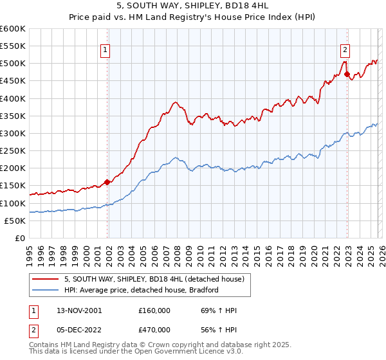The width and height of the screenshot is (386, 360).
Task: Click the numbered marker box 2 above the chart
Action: [x=345, y=49]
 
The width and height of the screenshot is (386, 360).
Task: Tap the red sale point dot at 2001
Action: [x=107, y=182]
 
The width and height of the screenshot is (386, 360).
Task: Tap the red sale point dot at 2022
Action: [x=347, y=74]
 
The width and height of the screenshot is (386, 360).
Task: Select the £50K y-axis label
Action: [x=14, y=221]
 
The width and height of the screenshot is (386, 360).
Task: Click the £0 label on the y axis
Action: [x=19, y=238]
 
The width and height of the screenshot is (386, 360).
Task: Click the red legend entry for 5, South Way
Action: [x=154, y=280]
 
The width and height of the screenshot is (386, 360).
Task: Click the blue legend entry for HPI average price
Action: [x=142, y=290]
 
